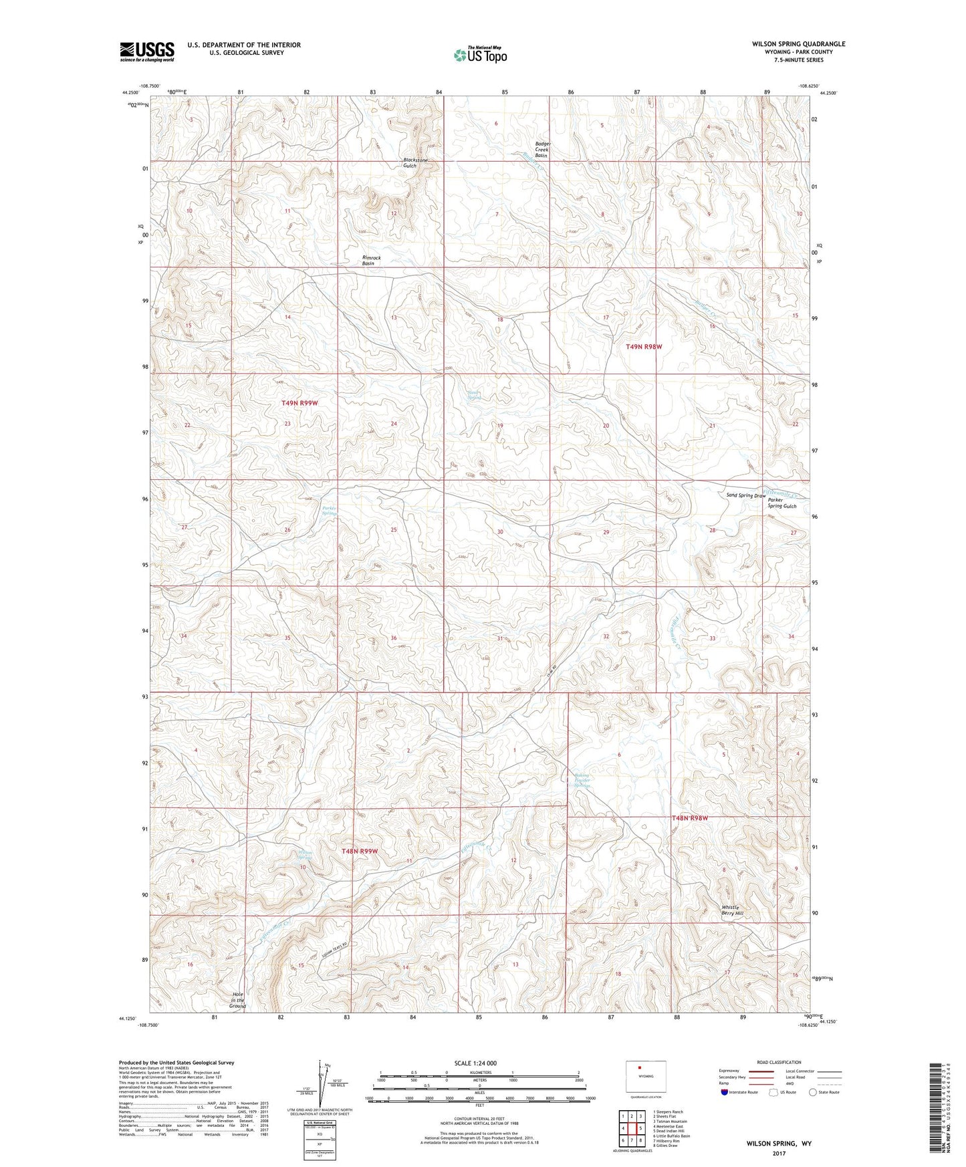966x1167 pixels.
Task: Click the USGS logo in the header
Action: pyautogui.click(x=146, y=51)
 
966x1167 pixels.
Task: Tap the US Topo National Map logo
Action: pyautogui.click(x=480, y=54)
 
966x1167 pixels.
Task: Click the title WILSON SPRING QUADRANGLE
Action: pyautogui.click(x=798, y=44)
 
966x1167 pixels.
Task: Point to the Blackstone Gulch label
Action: pyautogui.click(x=415, y=163)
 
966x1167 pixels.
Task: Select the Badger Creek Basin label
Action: pyautogui.click(x=541, y=149)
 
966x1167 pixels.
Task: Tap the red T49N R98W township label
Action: pyautogui.click(x=644, y=347)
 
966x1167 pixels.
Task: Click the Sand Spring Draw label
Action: pyautogui.click(x=745, y=495)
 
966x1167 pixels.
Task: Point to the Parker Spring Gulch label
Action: pyautogui.click(x=781, y=503)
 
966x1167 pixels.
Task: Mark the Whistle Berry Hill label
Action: pyautogui.click(x=732, y=910)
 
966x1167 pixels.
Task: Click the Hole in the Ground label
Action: pyautogui.click(x=237, y=1000)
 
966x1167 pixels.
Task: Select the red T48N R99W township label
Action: pyautogui.click(x=360, y=851)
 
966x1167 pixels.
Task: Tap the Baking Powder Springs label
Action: pyautogui.click(x=583, y=781)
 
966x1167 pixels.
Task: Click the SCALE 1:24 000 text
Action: pyautogui.click(x=475, y=1063)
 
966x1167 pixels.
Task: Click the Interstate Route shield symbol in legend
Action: pyautogui.click(x=725, y=1093)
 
